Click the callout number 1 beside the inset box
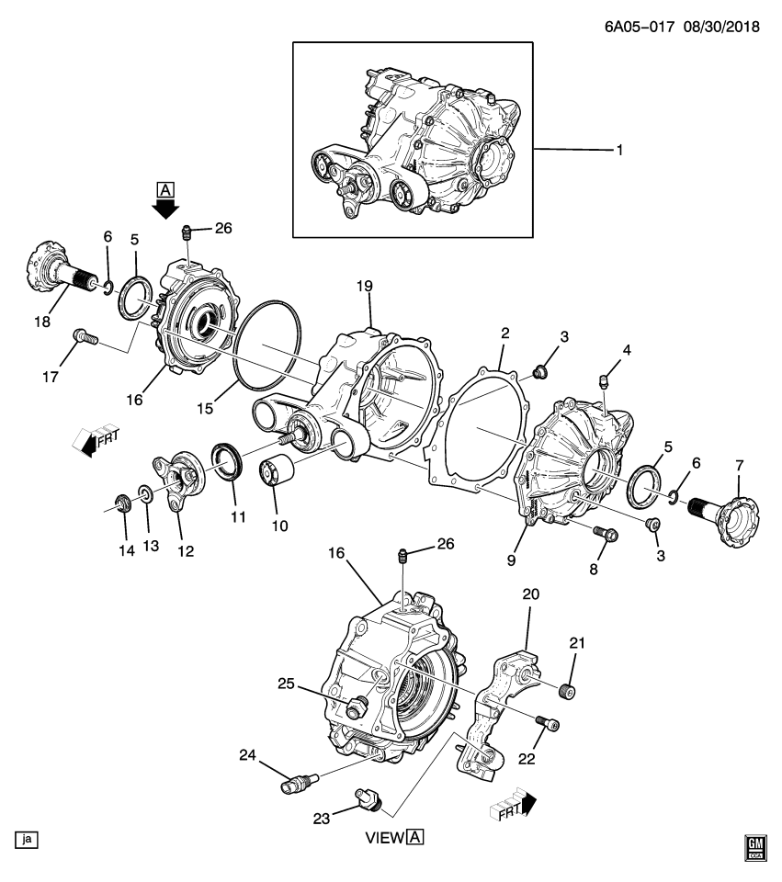pyautogui.click(x=619, y=149)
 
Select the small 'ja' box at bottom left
pyautogui.click(x=25, y=839)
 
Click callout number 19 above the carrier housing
pyautogui.click(x=365, y=287)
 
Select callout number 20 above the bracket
pyautogui.click(x=532, y=594)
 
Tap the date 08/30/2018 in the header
pyautogui.click(x=721, y=27)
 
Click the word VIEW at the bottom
pyautogui.click(x=385, y=837)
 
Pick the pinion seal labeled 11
pyautogui.click(x=227, y=461)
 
